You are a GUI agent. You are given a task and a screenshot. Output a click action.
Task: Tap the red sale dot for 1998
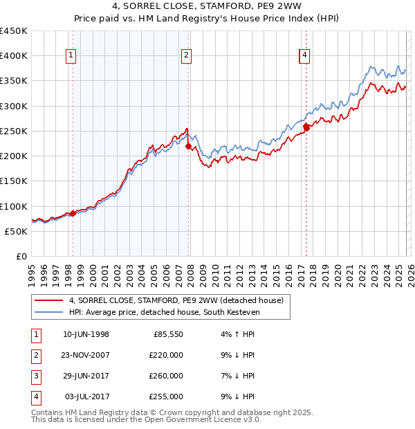pyautogui.click(x=73, y=214)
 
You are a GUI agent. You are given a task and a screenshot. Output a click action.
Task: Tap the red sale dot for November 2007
pyautogui.click(x=187, y=146)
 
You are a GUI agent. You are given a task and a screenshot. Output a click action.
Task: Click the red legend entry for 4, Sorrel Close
pyautogui.click(x=176, y=300)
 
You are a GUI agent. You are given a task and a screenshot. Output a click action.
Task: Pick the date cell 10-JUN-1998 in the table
pyautogui.click(x=86, y=334)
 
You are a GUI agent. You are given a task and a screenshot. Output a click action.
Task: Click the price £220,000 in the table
pyautogui.click(x=166, y=355)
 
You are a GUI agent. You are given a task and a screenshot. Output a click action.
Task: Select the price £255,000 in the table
pyautogui.click(x=166, y=396)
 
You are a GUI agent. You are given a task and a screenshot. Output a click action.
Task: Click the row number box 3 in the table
pyautogui.click(x=35, y=376)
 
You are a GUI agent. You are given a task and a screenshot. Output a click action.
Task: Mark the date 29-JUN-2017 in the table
pyautogui.click(x=86, y=376)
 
